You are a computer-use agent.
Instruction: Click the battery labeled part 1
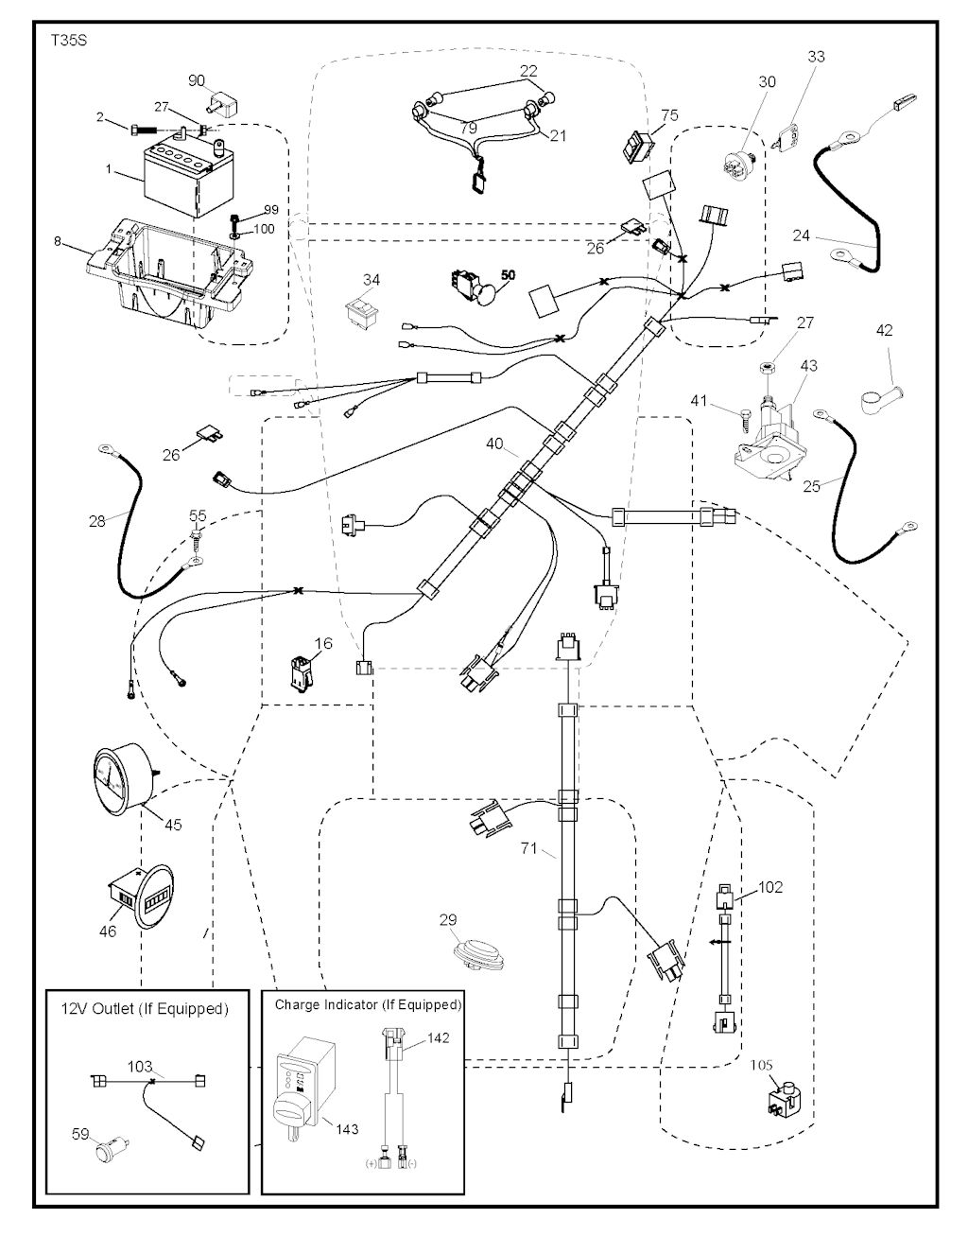coord(186,178)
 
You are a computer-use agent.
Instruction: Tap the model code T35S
coord(66,43)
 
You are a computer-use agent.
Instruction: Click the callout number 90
coord(197,79)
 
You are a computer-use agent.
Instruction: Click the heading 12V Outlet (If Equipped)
coord(148,1009)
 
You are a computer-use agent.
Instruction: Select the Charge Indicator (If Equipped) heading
coord(368,1003)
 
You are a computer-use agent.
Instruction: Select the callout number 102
coord(770,887)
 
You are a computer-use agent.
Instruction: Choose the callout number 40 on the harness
coord(495,443)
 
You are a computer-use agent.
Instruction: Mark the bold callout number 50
coord(508,274)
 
